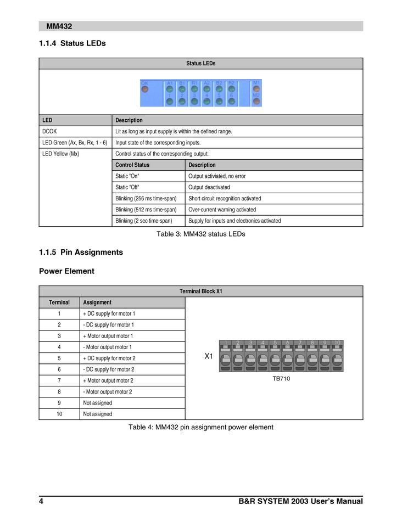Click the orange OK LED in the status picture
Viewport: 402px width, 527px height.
tap(145, 89)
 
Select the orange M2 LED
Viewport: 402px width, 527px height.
tap(256, 100)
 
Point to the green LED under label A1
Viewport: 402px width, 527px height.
tap(170, 89)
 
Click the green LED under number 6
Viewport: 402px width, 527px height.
tap(232, 101)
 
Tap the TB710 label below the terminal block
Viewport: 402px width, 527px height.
tap(281, 379)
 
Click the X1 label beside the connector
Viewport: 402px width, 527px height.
tap(209, 356)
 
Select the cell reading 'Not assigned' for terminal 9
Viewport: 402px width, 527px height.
tap(97, 403)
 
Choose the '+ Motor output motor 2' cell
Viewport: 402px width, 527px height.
tap(108, 380)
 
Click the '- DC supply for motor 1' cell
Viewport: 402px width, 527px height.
tap(108, 324)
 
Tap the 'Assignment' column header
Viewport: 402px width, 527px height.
tap(97, 302)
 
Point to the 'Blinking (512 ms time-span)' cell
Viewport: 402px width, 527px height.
tap(146, 210)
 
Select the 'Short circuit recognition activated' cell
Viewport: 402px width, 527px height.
tap(225, 198)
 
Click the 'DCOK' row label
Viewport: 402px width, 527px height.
tap(49, 132)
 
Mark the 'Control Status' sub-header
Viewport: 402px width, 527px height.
tap(132, 165)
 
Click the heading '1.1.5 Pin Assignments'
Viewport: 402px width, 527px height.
tap(81, 253)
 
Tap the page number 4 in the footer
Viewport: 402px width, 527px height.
tap(41, 501)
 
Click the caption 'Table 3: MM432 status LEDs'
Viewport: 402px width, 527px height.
tap(201, 234)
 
